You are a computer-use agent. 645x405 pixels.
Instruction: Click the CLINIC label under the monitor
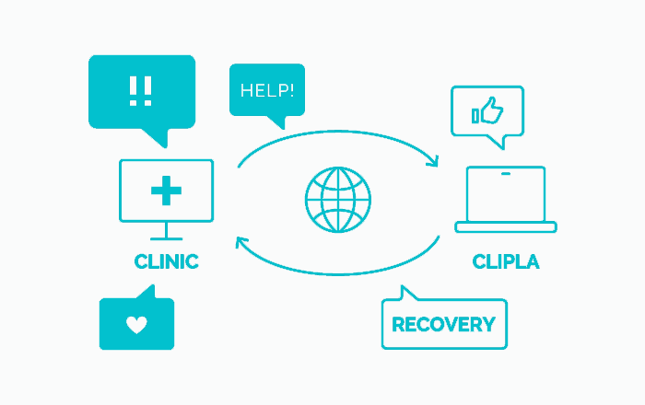166,261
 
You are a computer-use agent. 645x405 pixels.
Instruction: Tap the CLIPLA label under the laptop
506,262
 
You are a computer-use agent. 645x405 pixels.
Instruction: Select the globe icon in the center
338,199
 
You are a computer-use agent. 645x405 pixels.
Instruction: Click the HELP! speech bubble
266,90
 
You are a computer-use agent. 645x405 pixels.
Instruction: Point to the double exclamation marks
141,89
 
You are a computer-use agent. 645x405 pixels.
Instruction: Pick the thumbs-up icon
487,112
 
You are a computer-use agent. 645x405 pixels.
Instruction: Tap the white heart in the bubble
136,324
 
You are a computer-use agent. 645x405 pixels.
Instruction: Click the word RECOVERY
443,324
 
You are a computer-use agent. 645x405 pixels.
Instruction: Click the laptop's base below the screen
506,226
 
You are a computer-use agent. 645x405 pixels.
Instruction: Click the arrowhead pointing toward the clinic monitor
241,242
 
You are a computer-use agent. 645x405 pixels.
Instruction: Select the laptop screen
506,193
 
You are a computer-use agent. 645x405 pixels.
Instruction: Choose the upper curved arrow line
338,134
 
